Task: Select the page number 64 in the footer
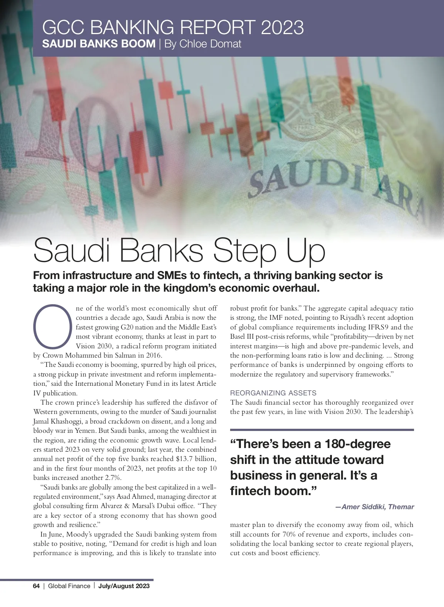pos(36,586)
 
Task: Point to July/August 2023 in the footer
pos(124,586)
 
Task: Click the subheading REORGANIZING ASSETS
pos(273,393)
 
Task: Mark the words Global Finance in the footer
pos(69,586)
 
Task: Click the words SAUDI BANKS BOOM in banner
pos(99,44)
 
